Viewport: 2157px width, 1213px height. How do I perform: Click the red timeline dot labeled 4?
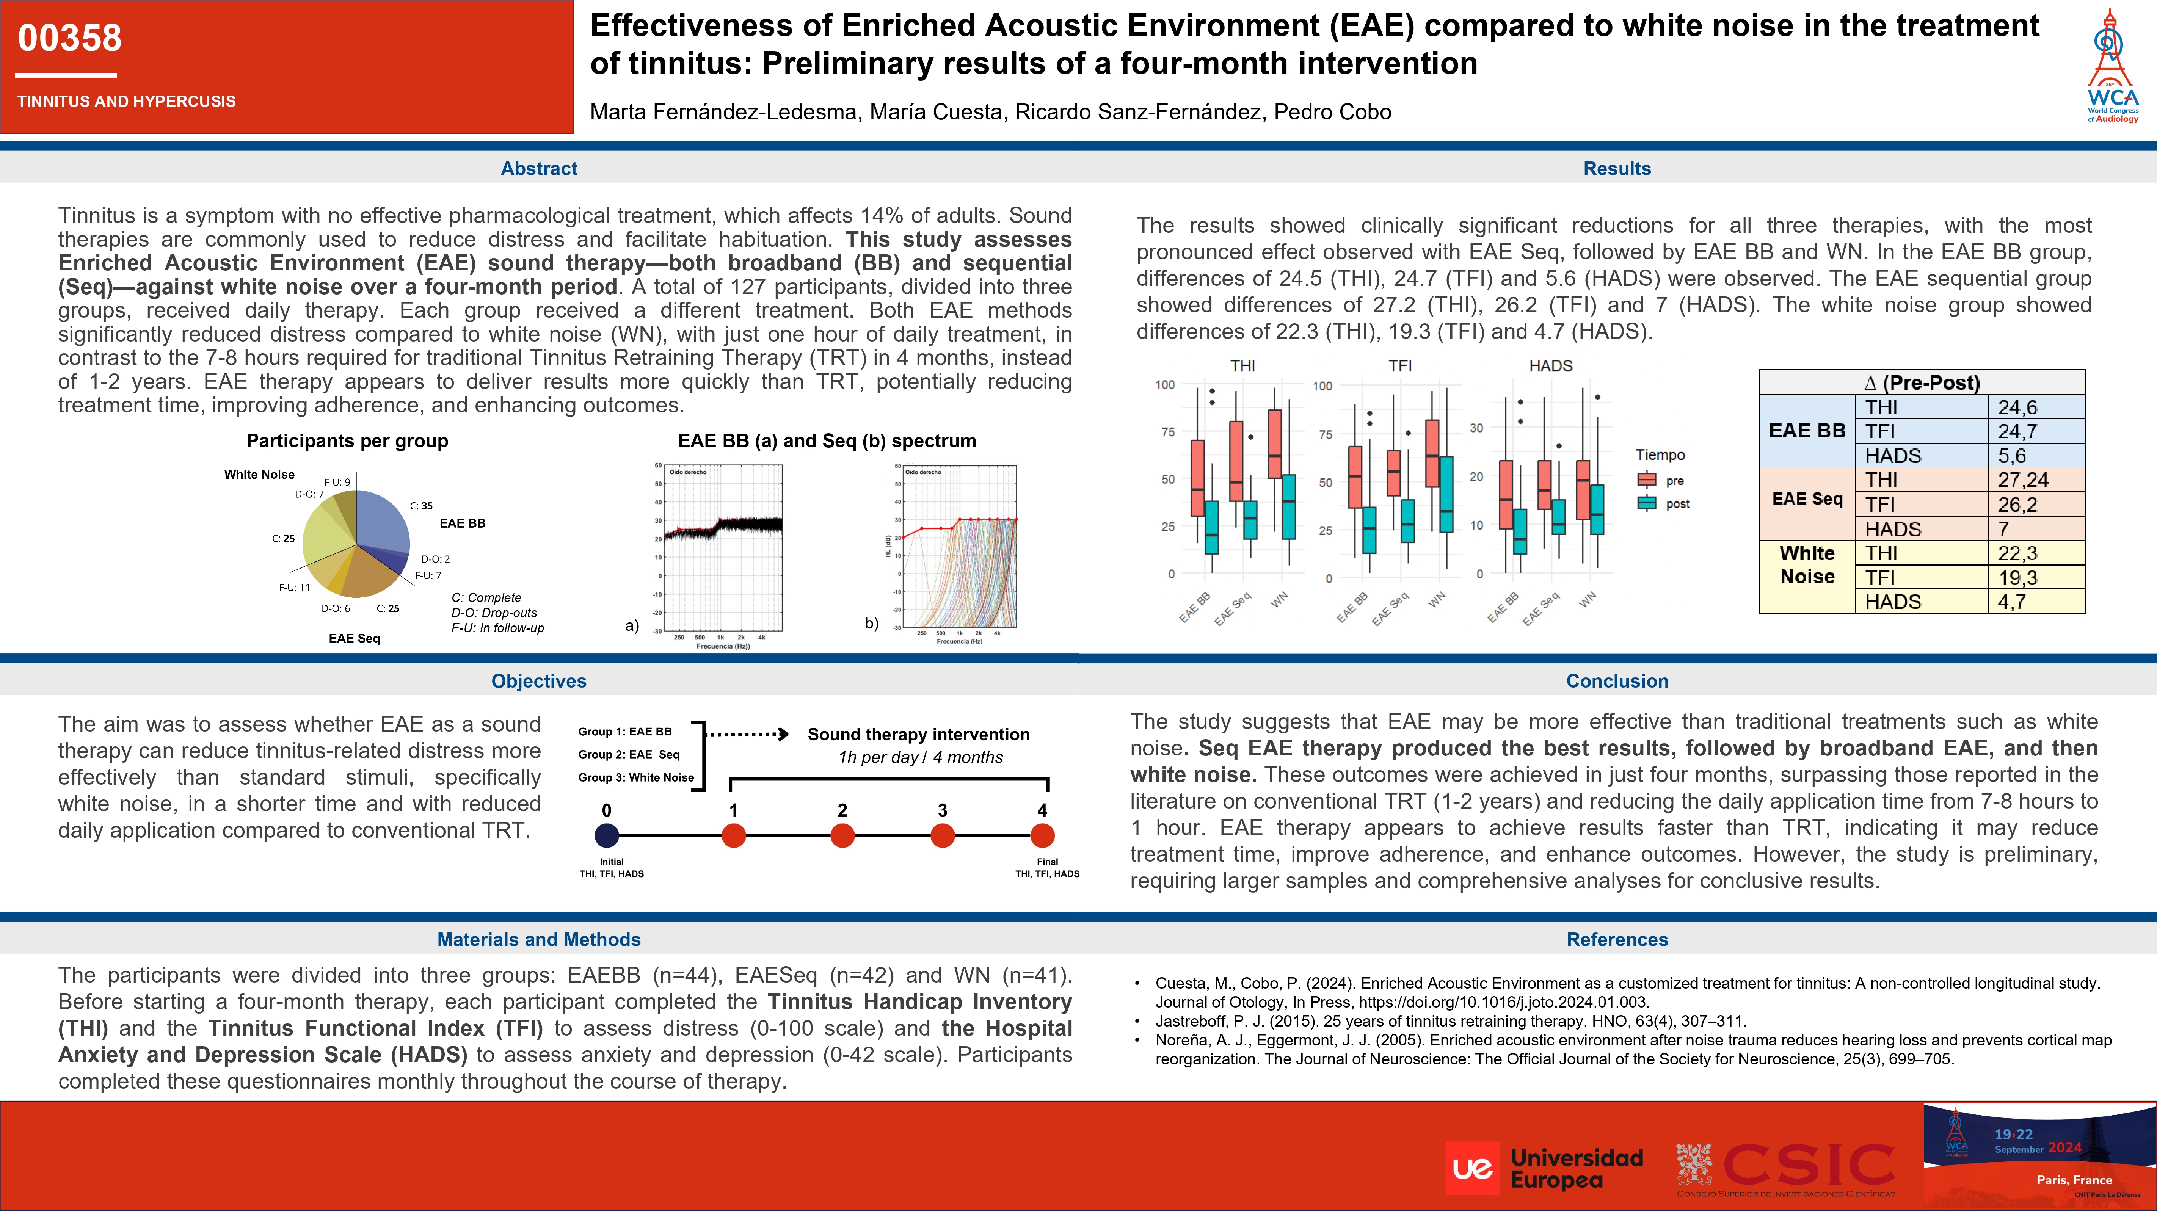pyautogui.click(x=1042, y=835)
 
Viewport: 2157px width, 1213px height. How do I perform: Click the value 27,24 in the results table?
pyautogui.click(x=2023, y=480)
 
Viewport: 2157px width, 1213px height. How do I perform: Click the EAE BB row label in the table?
pyautogui.click(x=1807, y=431)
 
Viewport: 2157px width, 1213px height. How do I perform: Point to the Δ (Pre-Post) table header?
pyautogui.click(x=1922, y=382)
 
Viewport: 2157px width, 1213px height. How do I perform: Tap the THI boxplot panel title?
pyautogui.click(x=1242, y=366)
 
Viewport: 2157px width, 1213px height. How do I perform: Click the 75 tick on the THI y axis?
pyautogui.click(x=1167, y=432)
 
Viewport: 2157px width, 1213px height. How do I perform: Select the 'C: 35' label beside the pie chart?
pyautogui.click(x=421, y=506)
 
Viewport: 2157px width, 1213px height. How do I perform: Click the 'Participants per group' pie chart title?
pyautogui.click(x=347, y=441)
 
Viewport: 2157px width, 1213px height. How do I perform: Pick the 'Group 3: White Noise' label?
pyautogui.click(x=635, y=778)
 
